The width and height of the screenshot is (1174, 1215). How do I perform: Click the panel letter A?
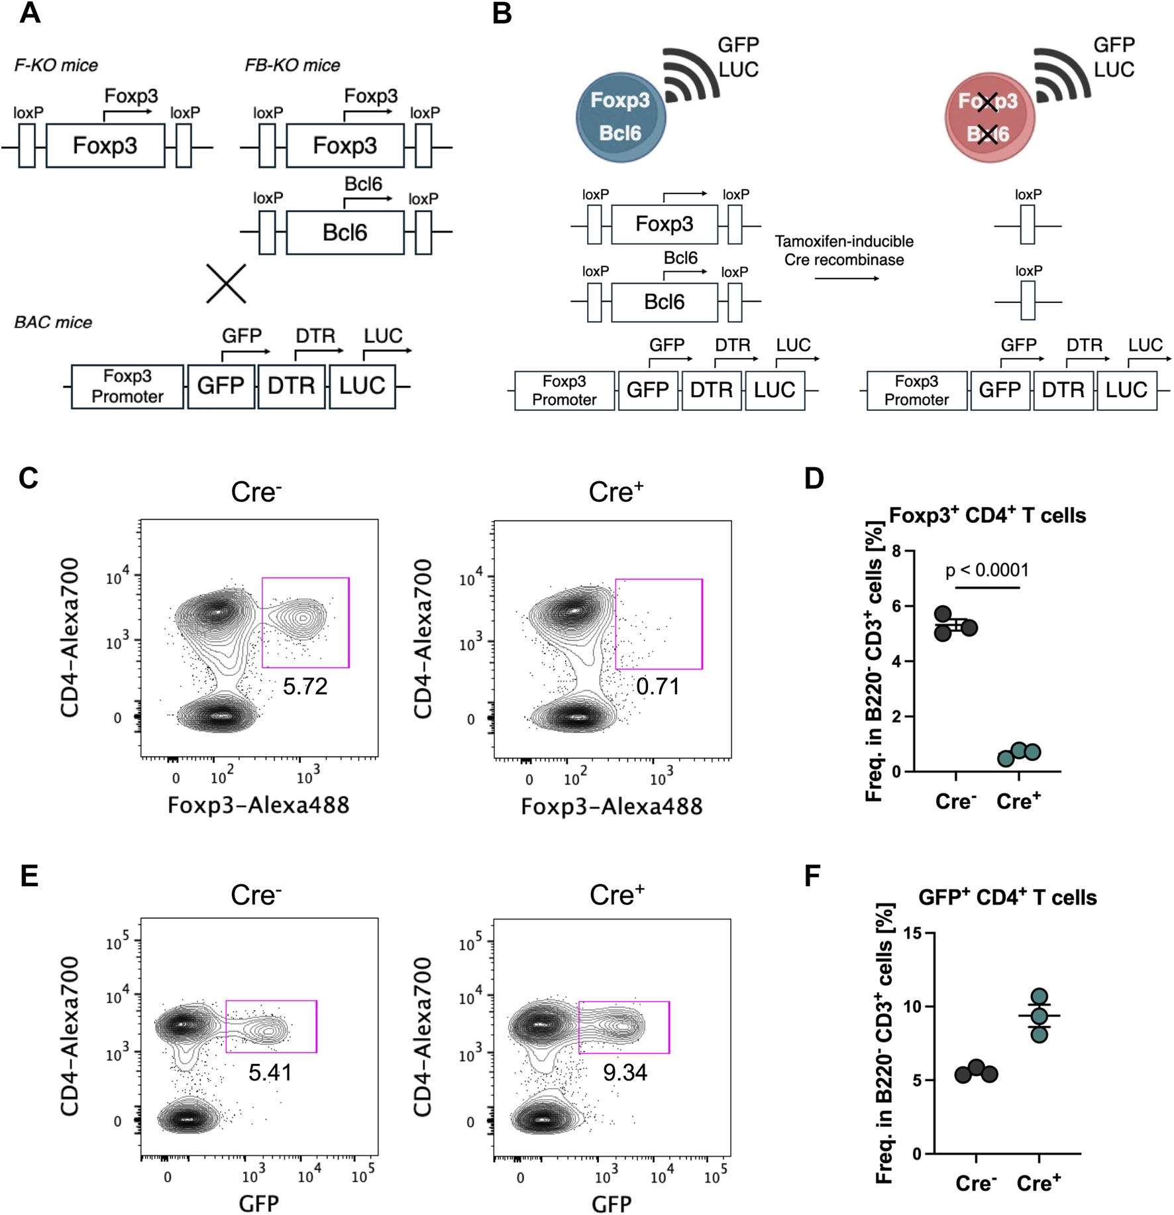(x=30, y=13)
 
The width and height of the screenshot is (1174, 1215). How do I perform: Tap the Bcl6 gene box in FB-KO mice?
(x=345, y=233)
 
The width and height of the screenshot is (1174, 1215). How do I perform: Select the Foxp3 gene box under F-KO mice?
(x=105, y=145)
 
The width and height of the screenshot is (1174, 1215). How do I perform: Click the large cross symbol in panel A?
(x=226, y=284)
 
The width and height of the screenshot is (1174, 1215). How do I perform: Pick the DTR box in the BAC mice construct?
(x=292, y=386)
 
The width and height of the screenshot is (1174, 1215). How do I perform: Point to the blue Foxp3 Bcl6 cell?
(x=620, y=117)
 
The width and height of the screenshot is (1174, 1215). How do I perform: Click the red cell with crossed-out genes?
(x=988, y=117)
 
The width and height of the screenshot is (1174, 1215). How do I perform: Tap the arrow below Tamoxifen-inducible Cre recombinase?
(x=847, y=278)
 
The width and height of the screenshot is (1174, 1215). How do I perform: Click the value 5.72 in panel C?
(x=305, y=687)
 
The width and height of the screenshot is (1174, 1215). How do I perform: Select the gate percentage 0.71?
(x=658, y=687)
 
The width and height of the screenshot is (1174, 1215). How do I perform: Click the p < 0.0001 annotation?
(x=987, y=570)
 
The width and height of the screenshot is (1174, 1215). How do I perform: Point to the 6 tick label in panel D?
(x=896, y=607)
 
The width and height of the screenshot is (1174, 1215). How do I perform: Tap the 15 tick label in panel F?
(x=912, y=933)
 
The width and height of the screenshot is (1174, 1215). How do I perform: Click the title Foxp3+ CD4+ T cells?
(x=987, y=515)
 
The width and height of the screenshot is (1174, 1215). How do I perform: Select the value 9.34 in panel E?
(x=625, y=1072)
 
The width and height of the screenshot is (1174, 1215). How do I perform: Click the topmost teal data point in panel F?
(x=1040, y=996)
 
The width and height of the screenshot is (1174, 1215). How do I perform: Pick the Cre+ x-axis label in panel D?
(x=1018, y=801)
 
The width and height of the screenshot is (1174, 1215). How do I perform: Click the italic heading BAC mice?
(x=53, y=323)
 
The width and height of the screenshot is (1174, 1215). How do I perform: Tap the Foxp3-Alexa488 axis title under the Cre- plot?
(x=258, y=805)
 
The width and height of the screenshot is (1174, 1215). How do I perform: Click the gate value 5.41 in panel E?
(x=270, y=1072)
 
